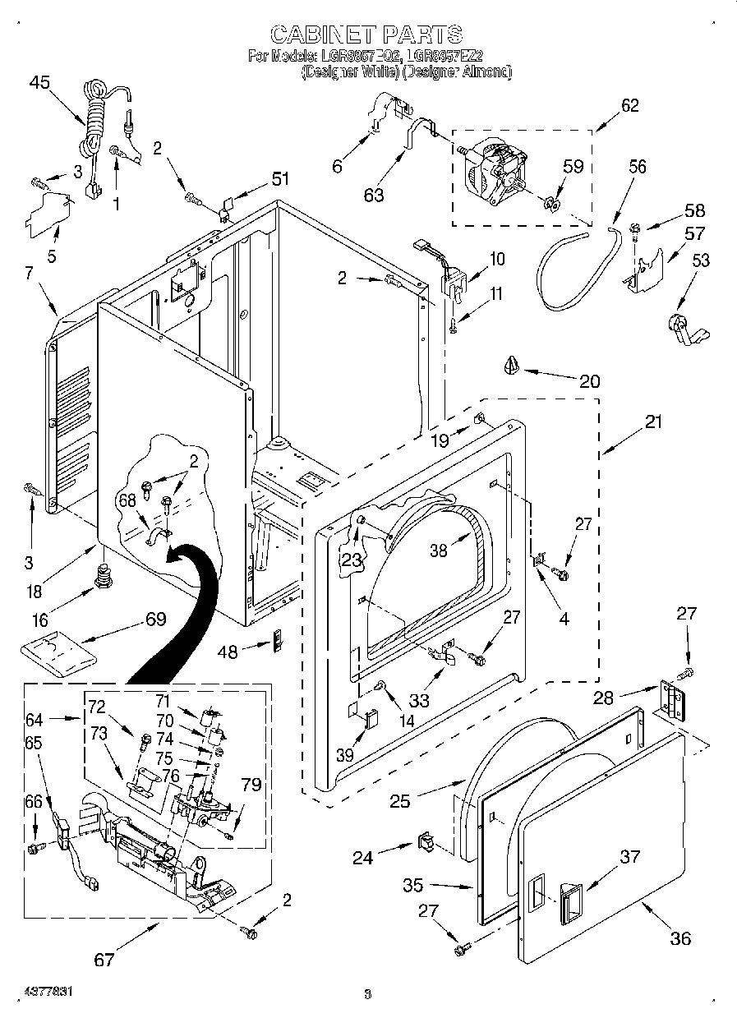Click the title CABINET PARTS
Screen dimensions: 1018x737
367,34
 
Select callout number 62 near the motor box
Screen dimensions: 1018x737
629,105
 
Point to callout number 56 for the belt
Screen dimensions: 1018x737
637,167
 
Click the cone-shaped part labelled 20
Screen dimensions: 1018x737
511,364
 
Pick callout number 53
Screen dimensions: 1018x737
702,261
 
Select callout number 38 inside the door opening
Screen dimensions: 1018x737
439,551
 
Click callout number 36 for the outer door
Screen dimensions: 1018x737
680,937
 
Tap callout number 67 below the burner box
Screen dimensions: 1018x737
104,959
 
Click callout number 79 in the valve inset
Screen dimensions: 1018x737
251,785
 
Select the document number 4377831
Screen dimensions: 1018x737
44,993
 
